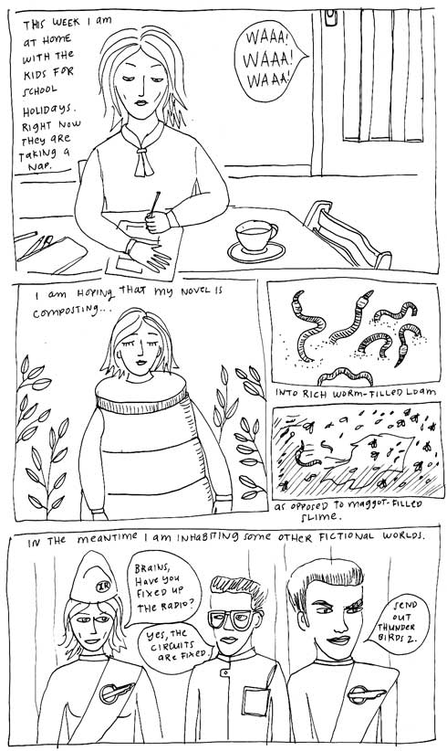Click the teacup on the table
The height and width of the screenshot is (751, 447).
point(255,236)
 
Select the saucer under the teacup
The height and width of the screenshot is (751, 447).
point(256,252)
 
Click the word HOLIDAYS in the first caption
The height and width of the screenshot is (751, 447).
point(47,111)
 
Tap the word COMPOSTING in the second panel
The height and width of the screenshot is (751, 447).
point(69,312)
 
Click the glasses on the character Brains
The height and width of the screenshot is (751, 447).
point(232,619)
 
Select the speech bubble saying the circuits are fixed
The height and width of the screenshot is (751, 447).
point(175,641)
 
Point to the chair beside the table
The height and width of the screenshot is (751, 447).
point(347,235)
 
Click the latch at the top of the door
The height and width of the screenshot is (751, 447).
point(331,18)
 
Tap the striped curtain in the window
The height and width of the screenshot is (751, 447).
point(381,76)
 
